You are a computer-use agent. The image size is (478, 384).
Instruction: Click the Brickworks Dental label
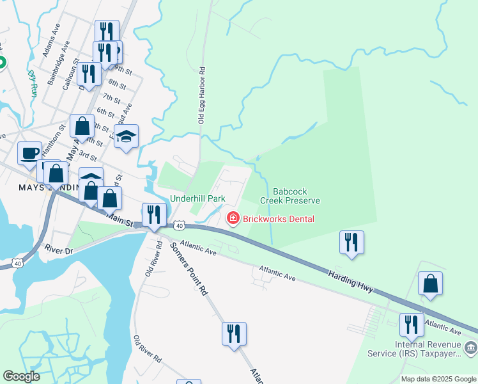point(279,219)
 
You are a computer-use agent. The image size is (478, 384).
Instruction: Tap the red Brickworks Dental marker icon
point(233,219)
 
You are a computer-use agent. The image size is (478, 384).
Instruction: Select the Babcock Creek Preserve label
point(289,196)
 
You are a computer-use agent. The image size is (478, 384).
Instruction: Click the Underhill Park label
point(197,198)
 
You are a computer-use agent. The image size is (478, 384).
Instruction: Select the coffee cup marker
point(30,152)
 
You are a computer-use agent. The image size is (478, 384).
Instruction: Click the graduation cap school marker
point(127,136)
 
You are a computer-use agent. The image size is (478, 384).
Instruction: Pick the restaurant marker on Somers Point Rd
point(234,333)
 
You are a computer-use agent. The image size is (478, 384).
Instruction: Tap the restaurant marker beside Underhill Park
point(153,214)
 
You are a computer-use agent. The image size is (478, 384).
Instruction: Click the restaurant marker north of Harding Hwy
point(351,242)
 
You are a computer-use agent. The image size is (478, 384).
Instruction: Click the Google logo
point(21,376)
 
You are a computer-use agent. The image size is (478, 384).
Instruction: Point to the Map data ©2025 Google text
point(438,379)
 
